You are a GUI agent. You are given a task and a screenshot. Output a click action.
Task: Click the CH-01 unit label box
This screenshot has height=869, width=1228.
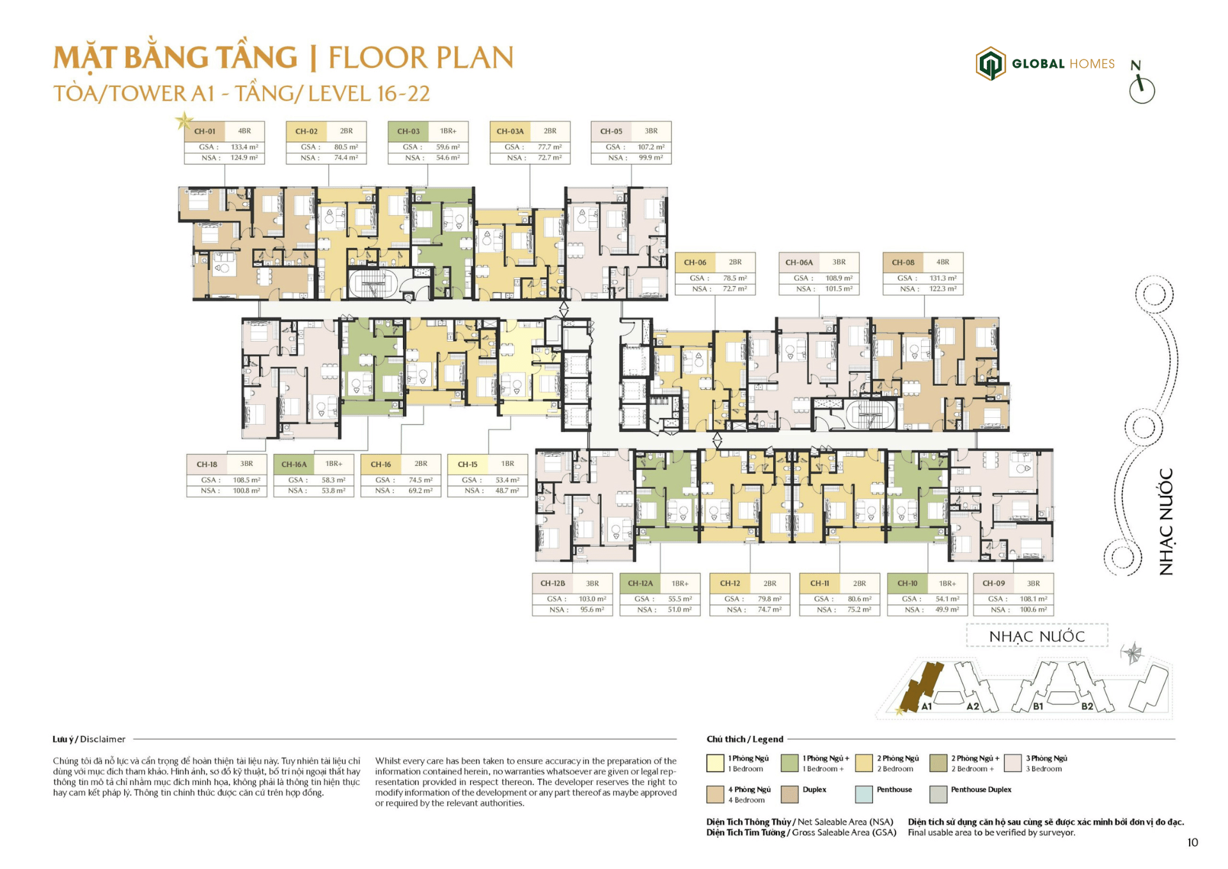(205, 131)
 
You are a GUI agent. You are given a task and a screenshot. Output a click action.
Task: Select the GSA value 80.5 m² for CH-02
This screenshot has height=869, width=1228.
(346, 147)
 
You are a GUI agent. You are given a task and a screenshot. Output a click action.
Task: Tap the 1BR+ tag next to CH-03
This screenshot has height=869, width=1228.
(448, 131)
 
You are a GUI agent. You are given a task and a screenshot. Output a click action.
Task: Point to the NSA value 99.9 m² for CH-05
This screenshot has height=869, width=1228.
(650, 157)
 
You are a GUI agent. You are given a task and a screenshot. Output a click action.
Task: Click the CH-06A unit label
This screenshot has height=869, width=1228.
(799, 262)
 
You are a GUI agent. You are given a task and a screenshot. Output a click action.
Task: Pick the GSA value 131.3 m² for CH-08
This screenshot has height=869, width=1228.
(943, 278)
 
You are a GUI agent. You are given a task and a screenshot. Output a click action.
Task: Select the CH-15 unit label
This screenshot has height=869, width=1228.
(468, 464)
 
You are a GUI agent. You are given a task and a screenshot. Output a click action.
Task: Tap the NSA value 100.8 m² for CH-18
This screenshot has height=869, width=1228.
(246, 491)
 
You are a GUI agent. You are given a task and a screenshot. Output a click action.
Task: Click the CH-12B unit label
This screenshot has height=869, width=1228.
(553, 584)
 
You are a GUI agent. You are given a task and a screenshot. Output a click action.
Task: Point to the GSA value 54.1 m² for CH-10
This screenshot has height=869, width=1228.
(947, 599)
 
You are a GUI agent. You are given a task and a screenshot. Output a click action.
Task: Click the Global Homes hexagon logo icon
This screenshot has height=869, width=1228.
(990, 63)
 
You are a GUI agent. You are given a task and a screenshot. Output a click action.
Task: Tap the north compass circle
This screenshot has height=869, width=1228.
(1142, 90)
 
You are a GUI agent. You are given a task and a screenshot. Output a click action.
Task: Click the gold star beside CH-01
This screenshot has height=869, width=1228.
(184, 120)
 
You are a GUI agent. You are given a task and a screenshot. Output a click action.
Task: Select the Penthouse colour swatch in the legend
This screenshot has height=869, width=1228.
(863, 794)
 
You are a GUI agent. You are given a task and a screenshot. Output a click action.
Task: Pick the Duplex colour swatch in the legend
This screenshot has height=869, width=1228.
(789, 794)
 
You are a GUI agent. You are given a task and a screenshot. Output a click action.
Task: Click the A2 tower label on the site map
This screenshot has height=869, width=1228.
(972, 706)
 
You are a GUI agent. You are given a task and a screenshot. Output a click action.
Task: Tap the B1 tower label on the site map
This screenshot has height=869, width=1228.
(1038, 706)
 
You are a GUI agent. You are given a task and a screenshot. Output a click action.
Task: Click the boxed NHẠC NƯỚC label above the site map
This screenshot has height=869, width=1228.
(1037, 636)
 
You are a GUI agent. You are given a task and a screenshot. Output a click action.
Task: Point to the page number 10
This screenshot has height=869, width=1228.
(1192, 843)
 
